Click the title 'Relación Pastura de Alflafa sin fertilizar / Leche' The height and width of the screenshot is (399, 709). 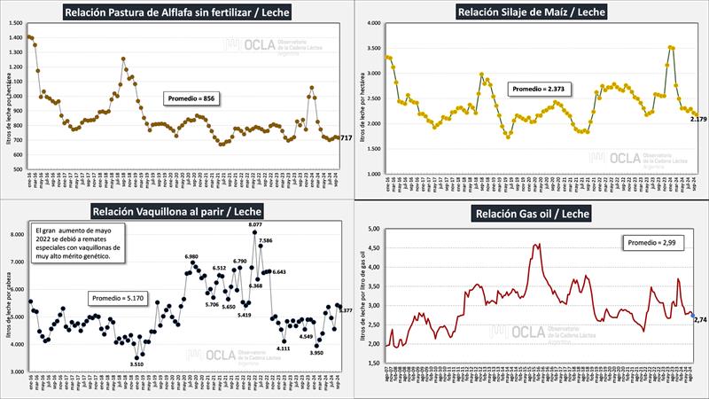176,12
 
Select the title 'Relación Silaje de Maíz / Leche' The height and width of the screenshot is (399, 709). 531,12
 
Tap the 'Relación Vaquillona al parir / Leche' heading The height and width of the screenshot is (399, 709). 176,211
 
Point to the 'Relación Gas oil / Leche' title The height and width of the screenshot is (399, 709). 531,214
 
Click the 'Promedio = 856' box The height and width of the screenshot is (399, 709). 191,98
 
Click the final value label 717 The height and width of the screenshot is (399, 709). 346,137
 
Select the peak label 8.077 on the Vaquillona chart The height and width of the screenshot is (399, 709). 254,227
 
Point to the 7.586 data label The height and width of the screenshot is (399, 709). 266,240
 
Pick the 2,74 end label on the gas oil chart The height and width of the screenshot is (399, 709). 700,319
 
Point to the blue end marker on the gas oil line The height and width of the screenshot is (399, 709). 691,315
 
